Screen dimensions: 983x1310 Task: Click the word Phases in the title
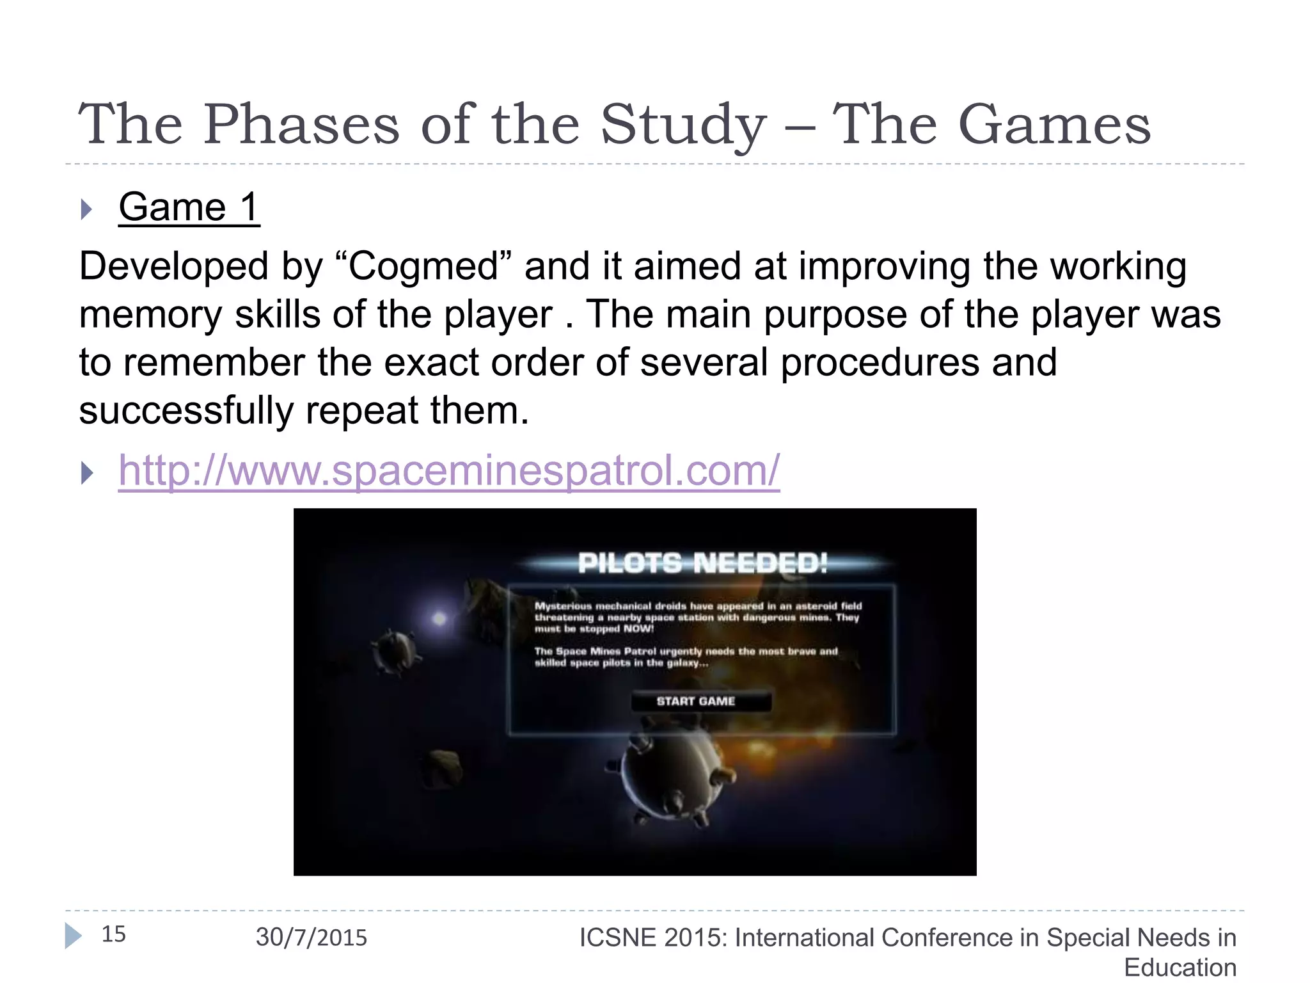point(301,125)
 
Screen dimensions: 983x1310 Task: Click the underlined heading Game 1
point(189,207)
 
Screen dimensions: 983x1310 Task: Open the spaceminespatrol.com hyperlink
point(449,471)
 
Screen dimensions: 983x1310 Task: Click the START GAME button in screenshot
point(696,701)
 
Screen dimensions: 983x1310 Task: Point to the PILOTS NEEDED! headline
point(702,563)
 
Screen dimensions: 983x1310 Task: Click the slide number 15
point(114,934)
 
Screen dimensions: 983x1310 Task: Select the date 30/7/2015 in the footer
point(312,938)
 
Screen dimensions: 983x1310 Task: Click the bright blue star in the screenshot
point(439,618)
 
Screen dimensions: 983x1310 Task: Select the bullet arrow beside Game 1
point(86,209)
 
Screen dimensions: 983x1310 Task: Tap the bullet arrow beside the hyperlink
point(86,474)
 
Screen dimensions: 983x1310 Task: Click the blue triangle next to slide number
point(73,936)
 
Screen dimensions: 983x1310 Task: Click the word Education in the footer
point(1180,968)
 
